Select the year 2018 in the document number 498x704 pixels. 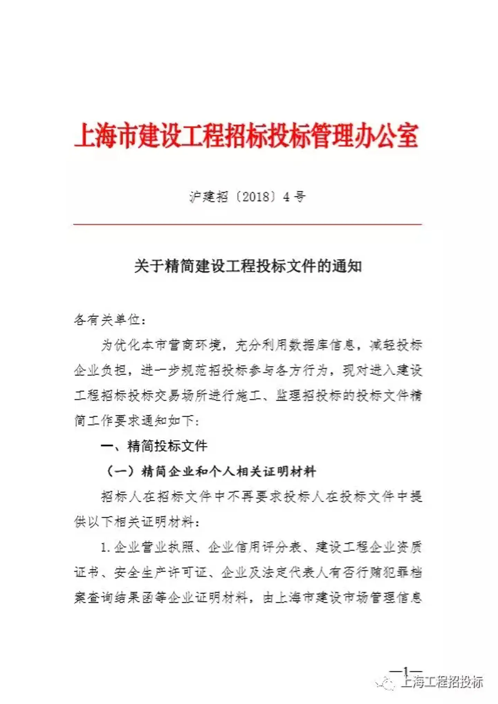256,197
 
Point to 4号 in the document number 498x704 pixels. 294,197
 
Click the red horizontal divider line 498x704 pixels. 247,224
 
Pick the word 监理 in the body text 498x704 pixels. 289,395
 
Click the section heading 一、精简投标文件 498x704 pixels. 154,446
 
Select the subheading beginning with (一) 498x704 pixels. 211,471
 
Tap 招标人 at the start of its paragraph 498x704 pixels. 121,497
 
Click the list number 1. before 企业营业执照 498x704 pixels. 105,547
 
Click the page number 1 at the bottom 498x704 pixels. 406,671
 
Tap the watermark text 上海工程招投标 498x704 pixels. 442,682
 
